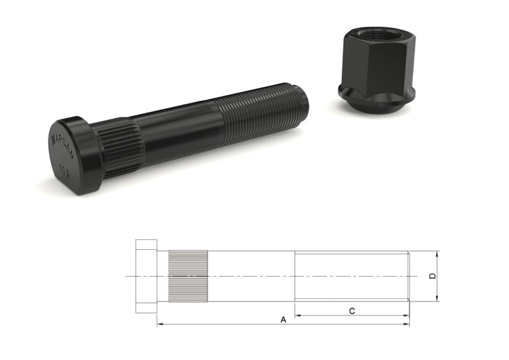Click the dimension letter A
[283, 320]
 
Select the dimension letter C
[352, 311]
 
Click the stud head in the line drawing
[146, 275]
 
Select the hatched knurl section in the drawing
[188, 275]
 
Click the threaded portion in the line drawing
[351, 275]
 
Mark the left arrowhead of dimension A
[159, 324]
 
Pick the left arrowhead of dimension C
[297, 315]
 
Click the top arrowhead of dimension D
[438, 254]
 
